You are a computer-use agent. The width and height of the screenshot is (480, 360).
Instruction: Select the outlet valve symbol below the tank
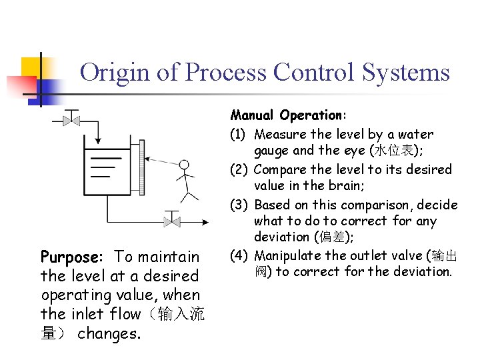click(x=171, y=219)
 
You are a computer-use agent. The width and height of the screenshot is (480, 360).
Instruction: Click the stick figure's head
click(x=184, y=164)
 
